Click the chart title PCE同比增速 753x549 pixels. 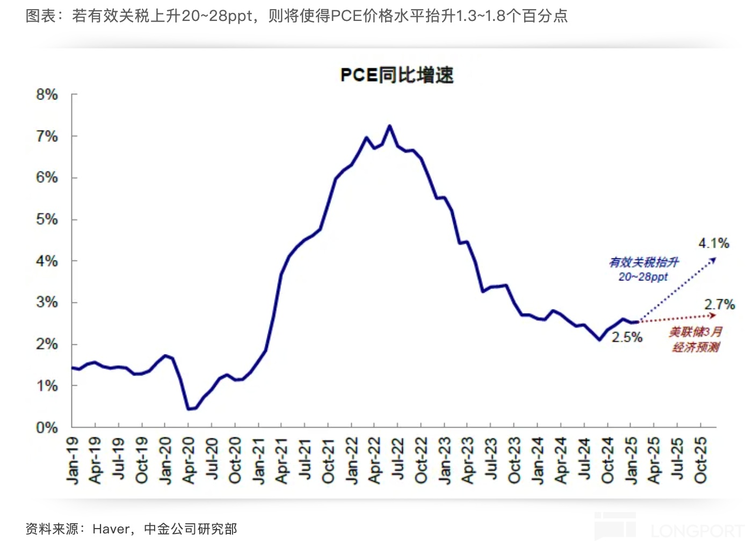click(397, 75)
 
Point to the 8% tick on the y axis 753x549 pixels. click(47, 95)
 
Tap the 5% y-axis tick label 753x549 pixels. click(47, 220)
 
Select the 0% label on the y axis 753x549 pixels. click(47, 428)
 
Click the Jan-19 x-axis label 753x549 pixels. click(73, 460)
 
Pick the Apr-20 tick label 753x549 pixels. click(189, 460)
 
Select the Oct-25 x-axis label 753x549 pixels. click(700, 460)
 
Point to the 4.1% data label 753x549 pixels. click(714, 244)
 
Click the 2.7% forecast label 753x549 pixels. click(720, 305)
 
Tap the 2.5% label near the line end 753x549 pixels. click(627, 337)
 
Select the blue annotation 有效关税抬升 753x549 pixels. click(644, 263)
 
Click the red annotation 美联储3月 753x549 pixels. click(696, 332)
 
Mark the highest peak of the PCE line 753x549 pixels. click(389, 126)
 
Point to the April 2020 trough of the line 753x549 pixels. click(189, 409)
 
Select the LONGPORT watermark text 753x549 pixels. click(697, 531)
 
